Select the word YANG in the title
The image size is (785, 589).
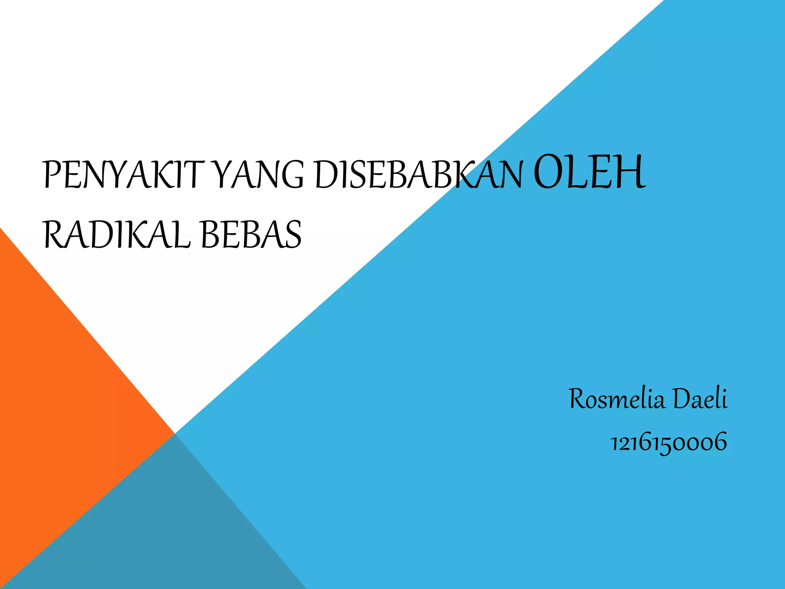pos(258,175)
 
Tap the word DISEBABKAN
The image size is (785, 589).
pos(419,175)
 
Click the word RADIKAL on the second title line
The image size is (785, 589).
pos(117,235)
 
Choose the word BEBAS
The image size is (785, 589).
pos(251,235)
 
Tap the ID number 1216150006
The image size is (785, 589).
pos(668,442)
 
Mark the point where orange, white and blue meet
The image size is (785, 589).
pos(175,433)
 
